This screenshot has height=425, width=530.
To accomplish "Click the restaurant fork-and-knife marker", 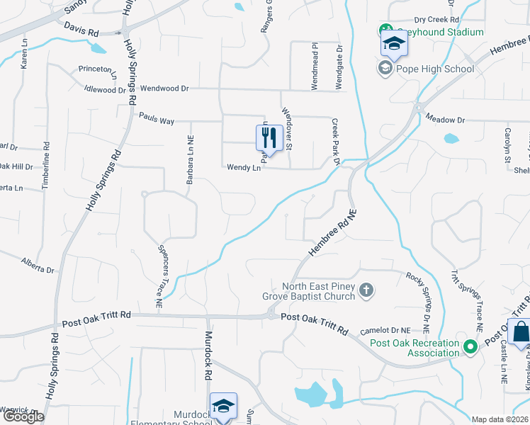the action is pos(269,139).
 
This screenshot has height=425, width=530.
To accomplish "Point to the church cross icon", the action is pos(366,289).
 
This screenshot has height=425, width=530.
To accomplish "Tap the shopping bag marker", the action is pos(521,332).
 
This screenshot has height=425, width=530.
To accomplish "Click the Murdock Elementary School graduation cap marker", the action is pos(223,407).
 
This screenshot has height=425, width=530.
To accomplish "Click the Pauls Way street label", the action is pos(157,121).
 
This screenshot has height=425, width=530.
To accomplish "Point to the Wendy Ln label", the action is pos(244,168).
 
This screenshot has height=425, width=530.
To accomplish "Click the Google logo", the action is pos(23,416).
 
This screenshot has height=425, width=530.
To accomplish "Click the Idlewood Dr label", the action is pos(104,90).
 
